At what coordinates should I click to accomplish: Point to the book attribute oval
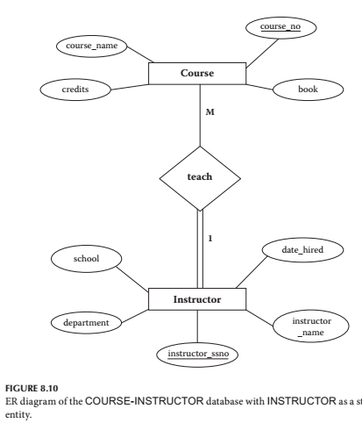tap(304, 90)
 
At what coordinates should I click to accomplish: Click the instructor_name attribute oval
tap(302, 329)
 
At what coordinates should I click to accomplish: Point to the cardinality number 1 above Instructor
tap(210, 237)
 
